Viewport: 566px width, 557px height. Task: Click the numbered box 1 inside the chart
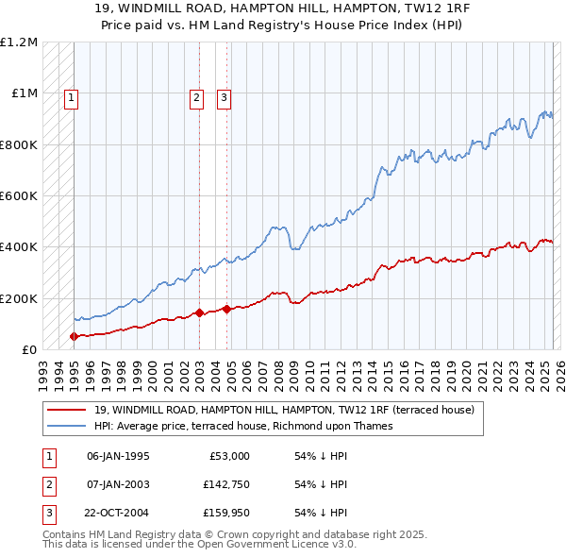pos(72,96)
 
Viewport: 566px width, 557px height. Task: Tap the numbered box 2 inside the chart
pos(195,96)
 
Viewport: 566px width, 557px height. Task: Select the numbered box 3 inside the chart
pos(224,96)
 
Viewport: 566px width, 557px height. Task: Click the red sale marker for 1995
pos(74,336)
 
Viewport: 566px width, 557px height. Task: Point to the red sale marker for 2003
pos(199,312)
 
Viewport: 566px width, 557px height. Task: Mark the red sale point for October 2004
pos(227,309)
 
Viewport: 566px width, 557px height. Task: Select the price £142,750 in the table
pos(223,484)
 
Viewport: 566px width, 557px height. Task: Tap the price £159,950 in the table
pos(223,513)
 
